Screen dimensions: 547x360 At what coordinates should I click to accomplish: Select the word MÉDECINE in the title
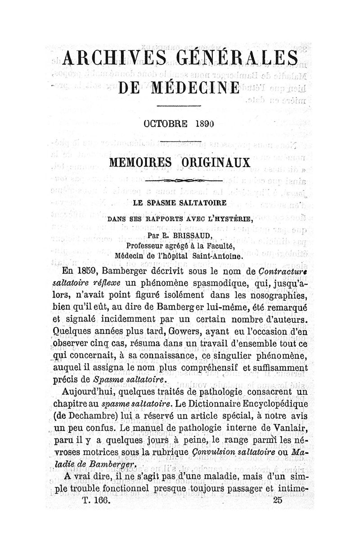pyautogui.click(x=194, y=87)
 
